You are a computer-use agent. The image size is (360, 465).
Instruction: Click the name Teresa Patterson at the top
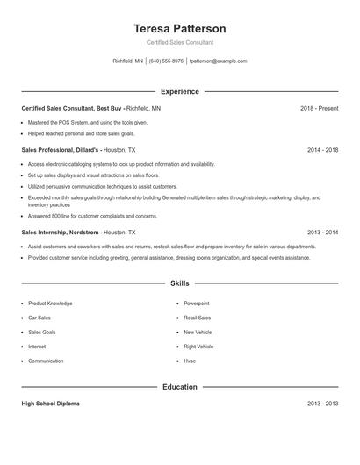180,28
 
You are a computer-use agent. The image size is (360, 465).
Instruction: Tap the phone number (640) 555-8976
166,61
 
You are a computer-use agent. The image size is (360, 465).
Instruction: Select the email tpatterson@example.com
219,61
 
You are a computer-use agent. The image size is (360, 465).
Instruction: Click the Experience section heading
180,91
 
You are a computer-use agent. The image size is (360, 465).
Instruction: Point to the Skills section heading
180,283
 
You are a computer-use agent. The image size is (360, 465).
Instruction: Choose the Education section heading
180,386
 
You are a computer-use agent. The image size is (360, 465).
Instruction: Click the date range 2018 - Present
319,108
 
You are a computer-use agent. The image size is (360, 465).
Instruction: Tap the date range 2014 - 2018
322,150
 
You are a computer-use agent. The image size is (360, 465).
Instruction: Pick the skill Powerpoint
197,304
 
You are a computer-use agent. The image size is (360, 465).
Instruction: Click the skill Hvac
190,361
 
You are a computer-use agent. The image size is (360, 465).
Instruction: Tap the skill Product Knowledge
50,304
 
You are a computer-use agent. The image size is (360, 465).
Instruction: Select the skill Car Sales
40,318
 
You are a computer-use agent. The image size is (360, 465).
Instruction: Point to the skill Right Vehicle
198,347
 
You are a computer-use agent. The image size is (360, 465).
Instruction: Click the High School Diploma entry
51,404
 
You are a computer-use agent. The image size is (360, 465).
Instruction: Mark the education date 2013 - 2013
322,404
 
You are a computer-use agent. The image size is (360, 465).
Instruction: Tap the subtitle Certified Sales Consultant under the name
180,42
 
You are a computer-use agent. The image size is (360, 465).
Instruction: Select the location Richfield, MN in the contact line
128,61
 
